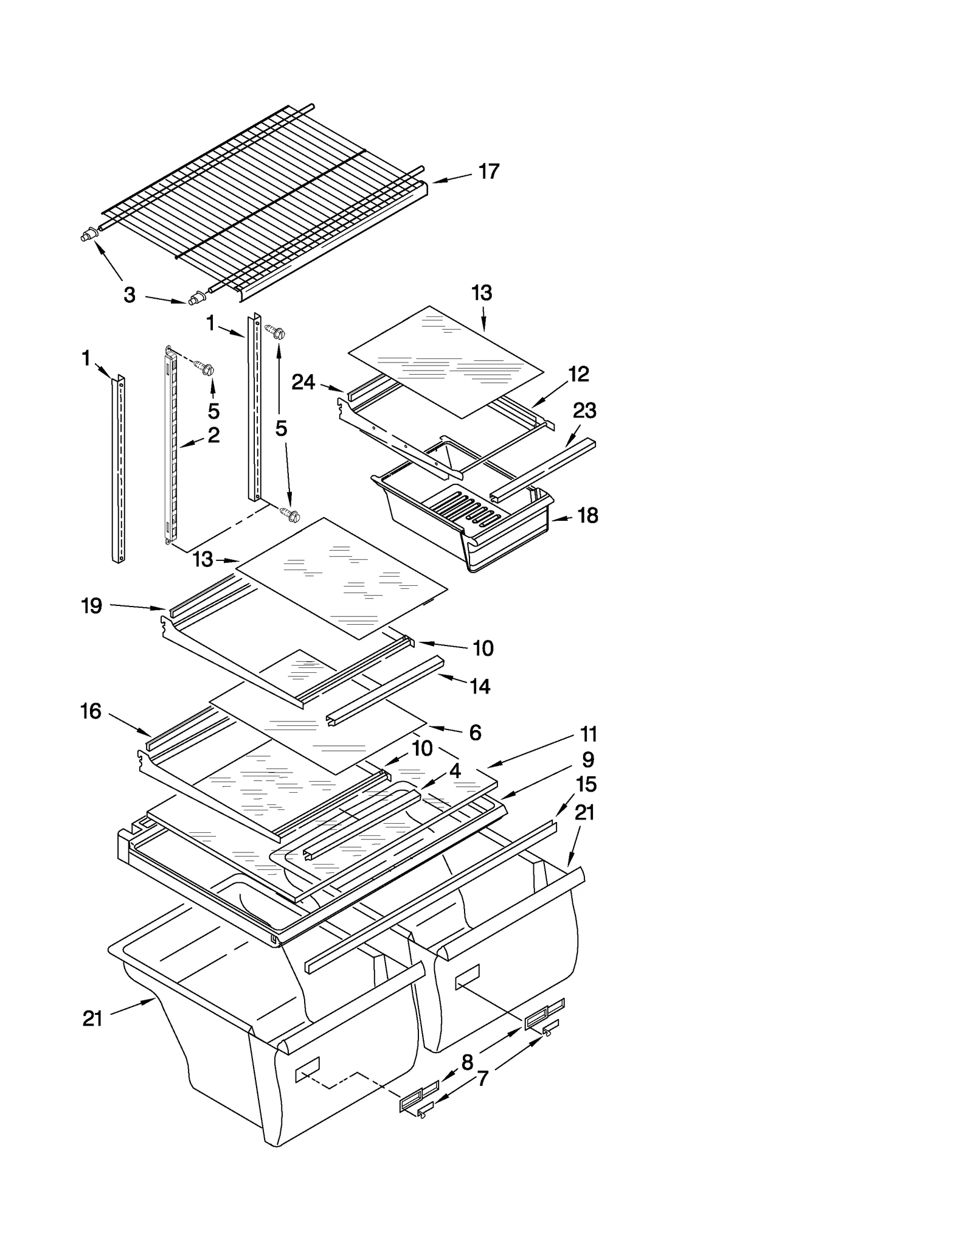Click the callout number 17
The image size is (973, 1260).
click(x=488, y=172)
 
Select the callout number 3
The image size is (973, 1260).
click(x=130, y=296)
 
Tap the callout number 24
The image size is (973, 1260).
click(x=303, y=382)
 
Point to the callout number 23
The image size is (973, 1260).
click(x=584, y=411)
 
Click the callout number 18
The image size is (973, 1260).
click(x=587, y=515)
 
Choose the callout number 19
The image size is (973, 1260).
click(x=92, y=606)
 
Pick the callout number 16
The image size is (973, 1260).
click(x=91, y=711)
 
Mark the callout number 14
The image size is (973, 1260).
click(x=480, y=686)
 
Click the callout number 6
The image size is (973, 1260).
click(x=475, y=733)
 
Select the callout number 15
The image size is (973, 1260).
click(x=586, y=785)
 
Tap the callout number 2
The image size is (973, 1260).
click(x=213, y=436)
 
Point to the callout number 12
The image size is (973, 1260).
click(x=578, y=374)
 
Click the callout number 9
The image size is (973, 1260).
click(x=587, y=760)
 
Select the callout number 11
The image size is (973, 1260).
click(x=588, y=734)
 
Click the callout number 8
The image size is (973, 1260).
click(x=467, y=1063)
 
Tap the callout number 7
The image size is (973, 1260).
click(x=482, y=1079)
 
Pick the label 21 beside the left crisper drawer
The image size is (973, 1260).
click(x=92, y=1018)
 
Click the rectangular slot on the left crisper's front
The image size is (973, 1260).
click(x=307, y=1069)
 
